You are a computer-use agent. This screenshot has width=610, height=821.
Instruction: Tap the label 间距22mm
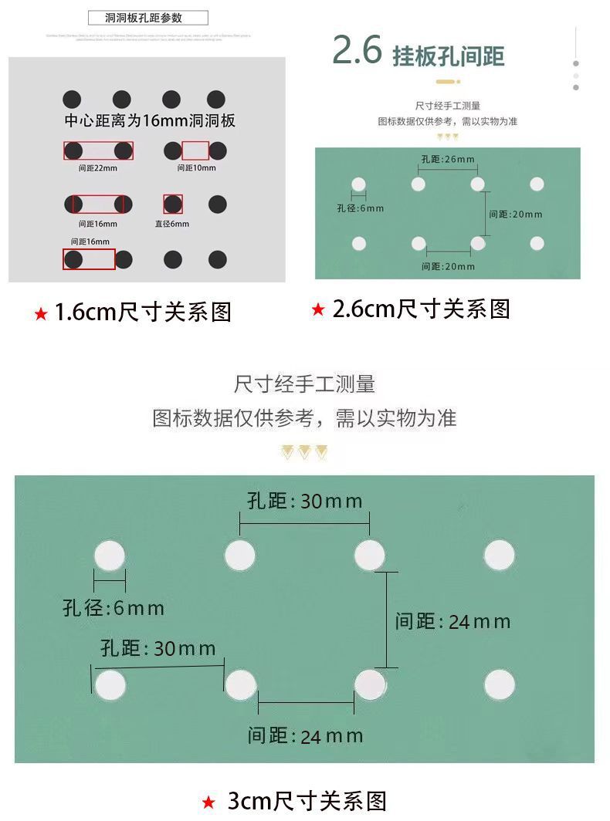pos(98,167)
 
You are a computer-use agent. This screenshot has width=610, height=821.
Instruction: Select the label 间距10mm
pos(196,167)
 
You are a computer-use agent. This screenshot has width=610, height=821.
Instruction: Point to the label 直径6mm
pos(171,224)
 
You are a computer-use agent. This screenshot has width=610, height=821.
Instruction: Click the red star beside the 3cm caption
pos(208,802)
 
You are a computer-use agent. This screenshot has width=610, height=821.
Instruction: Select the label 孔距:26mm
pos(448,160)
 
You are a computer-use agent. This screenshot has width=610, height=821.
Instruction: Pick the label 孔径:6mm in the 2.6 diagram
pos(360,208)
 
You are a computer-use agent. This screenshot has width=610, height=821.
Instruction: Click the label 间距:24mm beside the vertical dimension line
pos(452,621)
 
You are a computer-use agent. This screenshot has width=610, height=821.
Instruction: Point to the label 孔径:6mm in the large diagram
pos(114,608)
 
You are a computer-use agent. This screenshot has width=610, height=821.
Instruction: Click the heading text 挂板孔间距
pos(448,56)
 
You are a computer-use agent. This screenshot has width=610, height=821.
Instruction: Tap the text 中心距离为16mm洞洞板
pos(150,121)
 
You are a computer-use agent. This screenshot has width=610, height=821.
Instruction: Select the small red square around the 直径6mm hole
pos(173,204)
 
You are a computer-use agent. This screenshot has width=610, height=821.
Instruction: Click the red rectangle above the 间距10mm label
pos(195,150)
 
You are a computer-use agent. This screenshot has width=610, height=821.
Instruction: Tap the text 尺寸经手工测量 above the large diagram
pos(304,383)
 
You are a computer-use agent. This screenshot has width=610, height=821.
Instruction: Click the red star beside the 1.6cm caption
pos(40,314)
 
